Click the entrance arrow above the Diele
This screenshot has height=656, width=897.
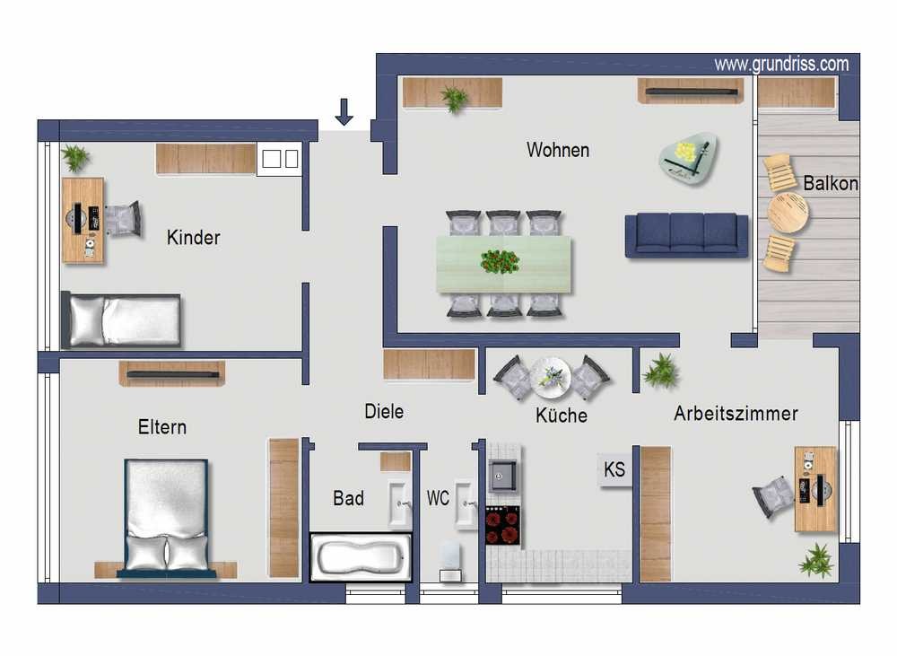click(x=344, y=111)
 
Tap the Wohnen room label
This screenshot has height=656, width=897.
click(x=558, y=150)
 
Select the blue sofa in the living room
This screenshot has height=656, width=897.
click(x=686, y=235)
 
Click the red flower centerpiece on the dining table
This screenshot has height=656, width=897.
click(x=500, y=262)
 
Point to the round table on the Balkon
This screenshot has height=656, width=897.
click(x=788, y=213)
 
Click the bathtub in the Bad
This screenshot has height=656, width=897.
click(x=361, y=557)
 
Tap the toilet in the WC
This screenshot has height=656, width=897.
click(x=451, y=561)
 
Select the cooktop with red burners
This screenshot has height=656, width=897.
click(x=503, y=526)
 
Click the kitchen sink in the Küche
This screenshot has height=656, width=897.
click(x=503, y=476)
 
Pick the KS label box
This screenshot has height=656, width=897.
click(x=615, y=469)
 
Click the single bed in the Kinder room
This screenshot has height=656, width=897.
click(x=121, y=320)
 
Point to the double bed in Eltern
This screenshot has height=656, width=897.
click(x=167, y=517)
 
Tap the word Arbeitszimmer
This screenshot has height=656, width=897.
click(x=736, y=414)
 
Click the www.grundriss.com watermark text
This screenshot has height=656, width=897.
click(x=781, y=64)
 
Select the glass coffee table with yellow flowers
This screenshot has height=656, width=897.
click(x=688, y=159)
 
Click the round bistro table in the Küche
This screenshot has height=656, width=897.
click(x=551, y=378)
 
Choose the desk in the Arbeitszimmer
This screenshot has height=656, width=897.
click(x=815, y=489)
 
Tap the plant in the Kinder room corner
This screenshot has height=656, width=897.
click(x=75, y=157)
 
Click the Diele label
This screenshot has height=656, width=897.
click(x=384, y=411)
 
